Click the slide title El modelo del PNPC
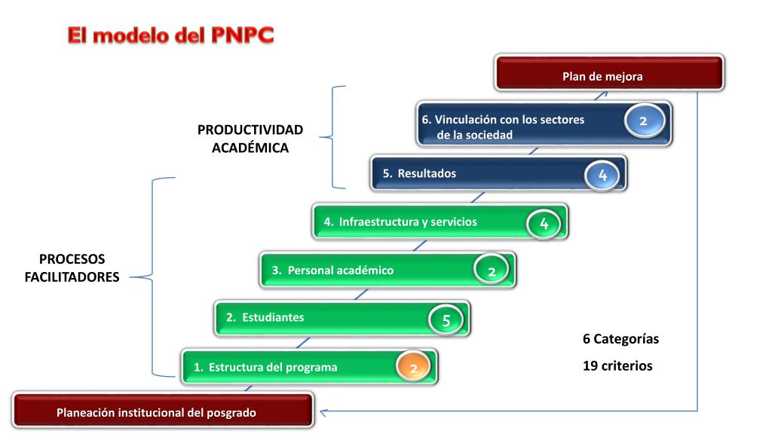[170, 35]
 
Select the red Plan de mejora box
[609, 75]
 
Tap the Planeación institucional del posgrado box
[163, 412]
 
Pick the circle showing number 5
[446, 319]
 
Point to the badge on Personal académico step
[491, 270]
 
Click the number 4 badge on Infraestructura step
[544, 223]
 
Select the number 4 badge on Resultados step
[602, 175]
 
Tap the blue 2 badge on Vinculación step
[643, 121]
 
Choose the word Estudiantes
[272, 317]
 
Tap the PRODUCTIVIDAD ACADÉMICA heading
[250, 139]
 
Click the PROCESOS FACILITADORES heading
[72, 267]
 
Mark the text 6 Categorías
[620, 339]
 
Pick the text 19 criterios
[617, 366]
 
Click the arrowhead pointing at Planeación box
[323, 411]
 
